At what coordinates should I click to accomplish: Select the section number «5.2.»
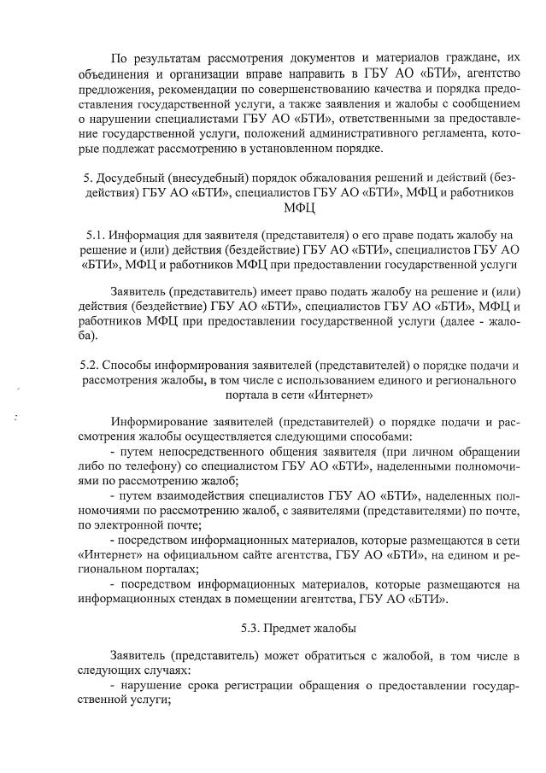(93, 366)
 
